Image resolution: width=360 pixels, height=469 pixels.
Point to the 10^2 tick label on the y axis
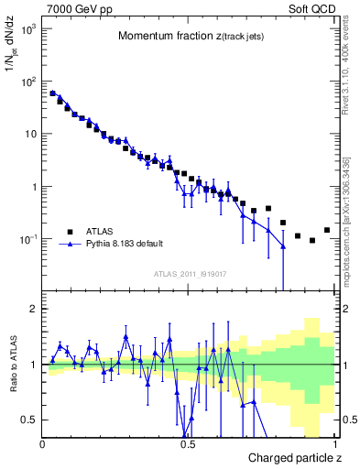29,82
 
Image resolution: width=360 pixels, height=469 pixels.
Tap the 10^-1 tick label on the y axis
29,239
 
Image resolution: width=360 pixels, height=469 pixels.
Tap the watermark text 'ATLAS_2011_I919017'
190,273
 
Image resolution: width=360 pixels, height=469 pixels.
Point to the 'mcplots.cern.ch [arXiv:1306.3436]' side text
349,211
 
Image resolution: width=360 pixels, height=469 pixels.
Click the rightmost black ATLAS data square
327,230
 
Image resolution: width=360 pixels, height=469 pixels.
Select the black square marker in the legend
69,232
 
